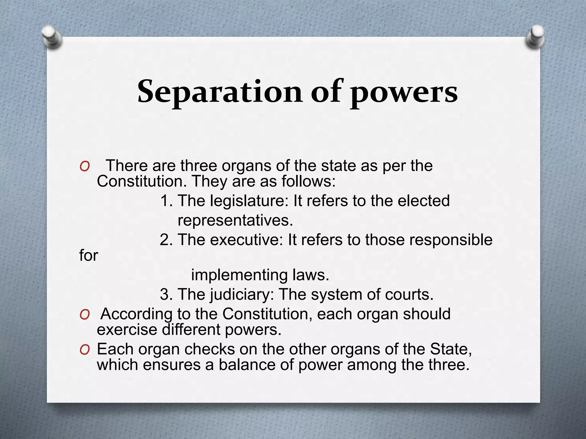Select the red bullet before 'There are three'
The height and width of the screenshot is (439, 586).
click(x=85, y=166)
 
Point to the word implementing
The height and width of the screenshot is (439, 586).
click(x=239, y=275)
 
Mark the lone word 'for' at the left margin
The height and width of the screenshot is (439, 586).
click(x=88, y=255)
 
